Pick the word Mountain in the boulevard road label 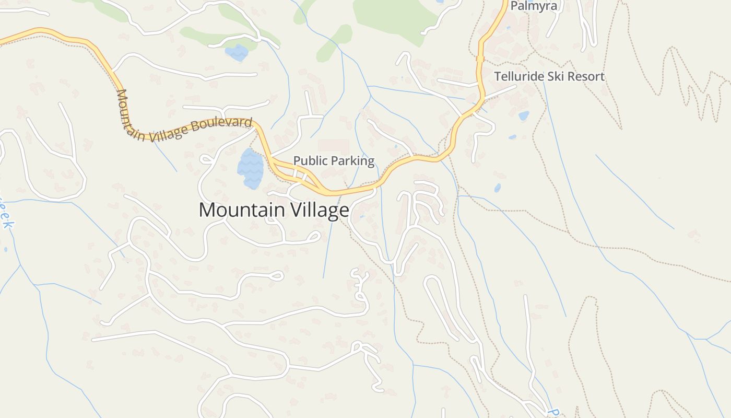[128, 115]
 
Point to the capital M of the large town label [207, 210]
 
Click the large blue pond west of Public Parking [250, 168]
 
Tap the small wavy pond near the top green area [237, 52]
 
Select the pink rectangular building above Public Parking [333, 146]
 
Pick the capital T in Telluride [498, 76]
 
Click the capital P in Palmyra [514, 6]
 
